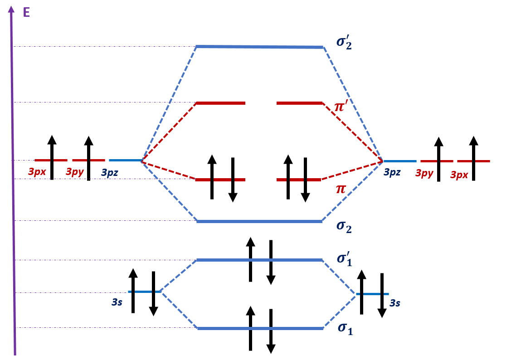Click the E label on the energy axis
tap(26, 12)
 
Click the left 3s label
tap(117, 302)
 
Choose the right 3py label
tap(425, 173)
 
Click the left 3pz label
tap(111, 173)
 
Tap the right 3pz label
tap(393, 172)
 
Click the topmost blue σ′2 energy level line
tap(259, 47)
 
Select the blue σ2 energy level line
tap(259, 221)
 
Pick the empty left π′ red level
tap(220, 103)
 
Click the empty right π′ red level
tap(299, 103)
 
